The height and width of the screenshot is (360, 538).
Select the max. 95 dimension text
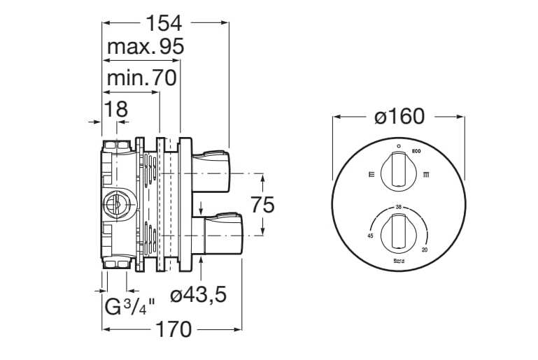click(146, 48)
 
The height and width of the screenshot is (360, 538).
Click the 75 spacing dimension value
click(262, 205)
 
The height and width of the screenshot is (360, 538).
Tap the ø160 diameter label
click(399, 117)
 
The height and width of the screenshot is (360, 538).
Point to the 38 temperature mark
click(398, 208)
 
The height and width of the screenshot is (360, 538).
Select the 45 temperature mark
click(370, 236)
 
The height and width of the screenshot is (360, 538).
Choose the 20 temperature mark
click(425, 250)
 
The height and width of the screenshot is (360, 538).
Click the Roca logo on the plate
click(398, 260)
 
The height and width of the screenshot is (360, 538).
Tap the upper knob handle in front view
click(398, 172)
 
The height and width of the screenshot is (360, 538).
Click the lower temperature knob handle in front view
click(398, 233)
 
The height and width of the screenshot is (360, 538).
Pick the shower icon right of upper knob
click(426, 174)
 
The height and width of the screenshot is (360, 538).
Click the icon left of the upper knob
click(371, 173)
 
